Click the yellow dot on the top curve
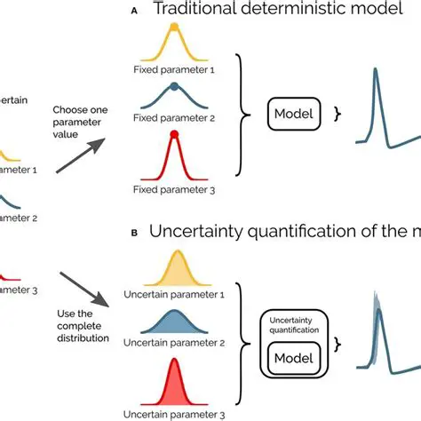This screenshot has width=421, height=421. (174, 28)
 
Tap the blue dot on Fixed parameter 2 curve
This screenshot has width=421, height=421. (174, 86)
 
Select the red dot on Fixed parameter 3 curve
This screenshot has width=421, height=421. (174, 134)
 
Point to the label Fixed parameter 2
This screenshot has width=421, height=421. (174, 115)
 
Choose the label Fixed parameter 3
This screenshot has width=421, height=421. (174, 189)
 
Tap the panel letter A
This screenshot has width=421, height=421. (134, 12)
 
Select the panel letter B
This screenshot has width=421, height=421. (134, 233)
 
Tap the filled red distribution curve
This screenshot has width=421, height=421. (175, 385)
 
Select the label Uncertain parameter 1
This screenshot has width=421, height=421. (175, 293)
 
